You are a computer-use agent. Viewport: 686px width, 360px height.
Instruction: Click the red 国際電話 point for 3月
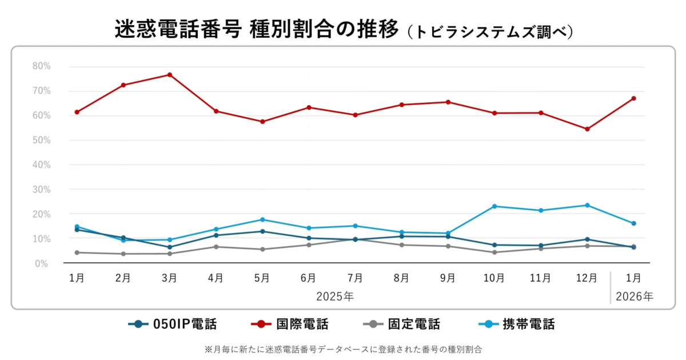coord(170,75)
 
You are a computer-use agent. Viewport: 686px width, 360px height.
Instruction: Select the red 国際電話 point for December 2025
coord(587,129)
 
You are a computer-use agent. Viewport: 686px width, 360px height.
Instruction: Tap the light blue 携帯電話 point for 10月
coord(494,206)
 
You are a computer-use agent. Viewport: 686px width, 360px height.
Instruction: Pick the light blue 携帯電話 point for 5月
coord(262,219)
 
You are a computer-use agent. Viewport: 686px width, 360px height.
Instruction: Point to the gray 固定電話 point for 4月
coord(216,247)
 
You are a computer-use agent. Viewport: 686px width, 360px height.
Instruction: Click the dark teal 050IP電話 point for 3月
coord(170,247)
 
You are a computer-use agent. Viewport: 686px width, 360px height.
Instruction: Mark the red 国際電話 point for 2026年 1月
coord(633,98)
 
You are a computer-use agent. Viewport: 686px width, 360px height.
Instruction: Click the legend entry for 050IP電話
coord(173,325)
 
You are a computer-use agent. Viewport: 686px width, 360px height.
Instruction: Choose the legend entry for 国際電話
coord(290,325)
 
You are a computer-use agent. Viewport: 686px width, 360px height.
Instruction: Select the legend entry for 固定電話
coord(402,325)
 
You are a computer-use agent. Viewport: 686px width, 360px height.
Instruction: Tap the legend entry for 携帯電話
coord(516,325)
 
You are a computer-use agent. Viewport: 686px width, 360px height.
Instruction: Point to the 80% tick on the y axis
coord(42,66)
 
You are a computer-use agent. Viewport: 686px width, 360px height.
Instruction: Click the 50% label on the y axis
coord(42,140)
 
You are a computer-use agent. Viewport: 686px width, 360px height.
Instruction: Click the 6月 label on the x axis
coord(309,278)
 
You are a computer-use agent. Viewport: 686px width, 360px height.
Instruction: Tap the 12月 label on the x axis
coord(587,278)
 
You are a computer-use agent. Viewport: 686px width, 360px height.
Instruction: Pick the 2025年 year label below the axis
coord(335,297)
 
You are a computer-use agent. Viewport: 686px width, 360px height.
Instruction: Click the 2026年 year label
coord(633,297)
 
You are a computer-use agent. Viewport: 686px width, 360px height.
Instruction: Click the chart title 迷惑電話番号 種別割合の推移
coord(257,30)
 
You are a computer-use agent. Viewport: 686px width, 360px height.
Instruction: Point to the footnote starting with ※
coord(343,348)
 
